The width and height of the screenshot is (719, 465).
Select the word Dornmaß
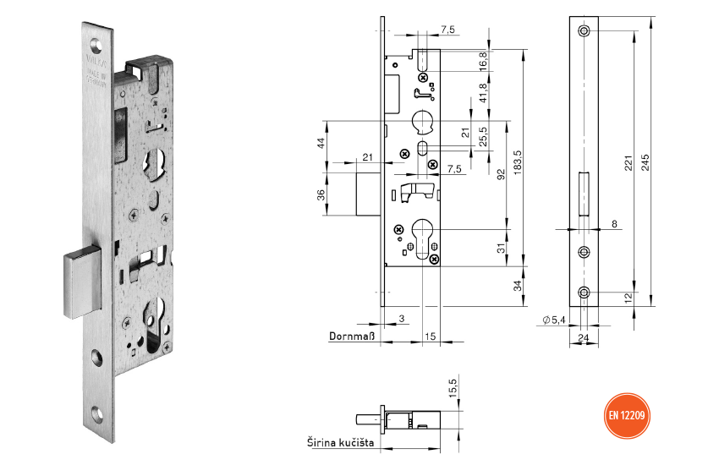point(351,336)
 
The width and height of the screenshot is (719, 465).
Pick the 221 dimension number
point(628,162)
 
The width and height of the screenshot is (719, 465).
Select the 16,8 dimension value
point(483,60)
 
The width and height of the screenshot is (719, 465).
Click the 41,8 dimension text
point(483,93)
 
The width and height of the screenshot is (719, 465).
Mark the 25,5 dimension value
point(483,135)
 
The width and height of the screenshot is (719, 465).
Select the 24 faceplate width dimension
point(583,337)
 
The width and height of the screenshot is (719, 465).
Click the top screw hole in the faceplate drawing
point(583,31)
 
